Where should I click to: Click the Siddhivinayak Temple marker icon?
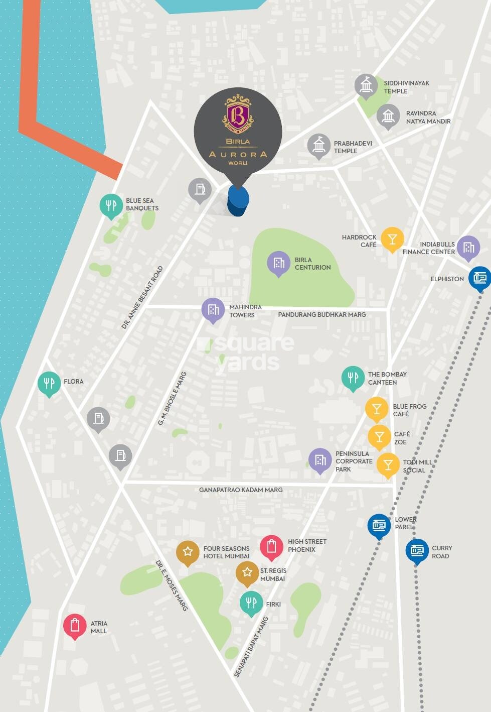pyautogui.click(x=366, y=85)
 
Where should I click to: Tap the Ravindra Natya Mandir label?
pyautogui.click(x=428, y=117)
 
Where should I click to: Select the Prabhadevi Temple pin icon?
pyautogui.click(x=319, y=146)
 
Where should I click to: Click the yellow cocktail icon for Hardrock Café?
pyautogui.click(x=392, y=239)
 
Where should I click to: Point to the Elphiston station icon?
pyautogui.click(x=479, y=277)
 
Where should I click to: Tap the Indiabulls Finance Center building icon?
pyautogui.click(x=468, y=247)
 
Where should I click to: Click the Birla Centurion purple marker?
pyautogui.click(x=279, y=263)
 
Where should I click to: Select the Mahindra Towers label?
pyautogui.click(x=245, y=311)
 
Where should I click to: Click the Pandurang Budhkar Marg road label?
pyautogui.click(x=322, y=314)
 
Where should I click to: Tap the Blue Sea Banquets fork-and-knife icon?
pyautogui.click(x=111, y=205)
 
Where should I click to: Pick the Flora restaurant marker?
pyautogui.click(x=49, y=384)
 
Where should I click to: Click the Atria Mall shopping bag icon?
pyautogui.click(x=75, y=625)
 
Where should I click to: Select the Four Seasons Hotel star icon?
pyautogui.click(x=188, y=552)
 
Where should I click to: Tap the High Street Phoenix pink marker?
pyautogui.click(x=271, y=546)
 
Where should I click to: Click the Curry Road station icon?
pyautogui.click(x=417, y=550)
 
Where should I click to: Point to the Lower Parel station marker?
pyautogui.click(x=379, y=526)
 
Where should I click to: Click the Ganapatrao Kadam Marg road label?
pyautogui.click(x=241, y=490)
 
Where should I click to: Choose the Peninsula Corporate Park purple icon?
pyautogui.click(x=320, y=459)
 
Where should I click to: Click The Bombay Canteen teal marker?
pyautogui.click(x=353, y=377)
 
